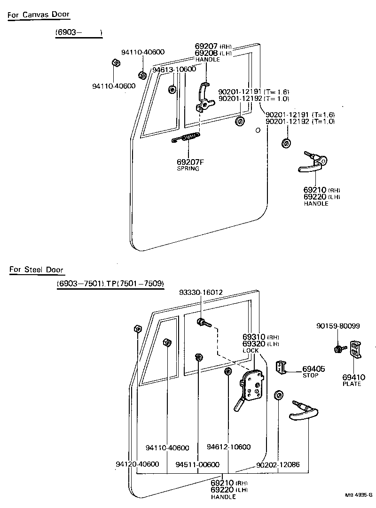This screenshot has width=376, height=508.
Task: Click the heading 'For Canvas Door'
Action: tap(39, 15)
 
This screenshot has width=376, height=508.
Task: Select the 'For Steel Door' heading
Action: tap(36, 269)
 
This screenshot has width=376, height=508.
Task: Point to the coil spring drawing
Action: tap(187, 138)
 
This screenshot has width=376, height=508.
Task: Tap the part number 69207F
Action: tap(190, 162)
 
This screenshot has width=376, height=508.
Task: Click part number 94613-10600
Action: tap(174, 69)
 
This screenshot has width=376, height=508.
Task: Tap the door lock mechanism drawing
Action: tap(252, 387)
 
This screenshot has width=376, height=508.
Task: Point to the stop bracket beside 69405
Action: tap(281, 367)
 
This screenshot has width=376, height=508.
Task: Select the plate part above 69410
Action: tap(355, 349)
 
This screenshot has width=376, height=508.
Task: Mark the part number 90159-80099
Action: tap(338, 326)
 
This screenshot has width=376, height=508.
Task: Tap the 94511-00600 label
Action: tap(197, 465)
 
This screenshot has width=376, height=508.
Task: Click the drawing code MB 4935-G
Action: tap(358, 495)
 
